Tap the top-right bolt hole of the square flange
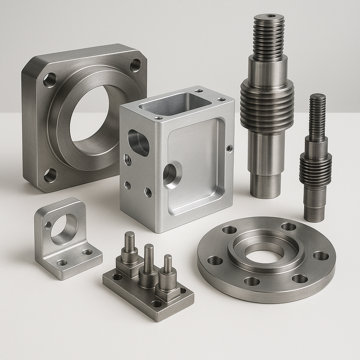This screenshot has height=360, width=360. pos(135,65)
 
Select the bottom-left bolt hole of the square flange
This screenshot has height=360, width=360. pos(50,175)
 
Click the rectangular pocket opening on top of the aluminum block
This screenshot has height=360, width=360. pos(175,104)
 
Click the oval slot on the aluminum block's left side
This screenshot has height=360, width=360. pos(138,142)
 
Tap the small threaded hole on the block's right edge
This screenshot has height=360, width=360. pos(229,148)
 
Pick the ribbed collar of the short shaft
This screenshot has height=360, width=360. pos(315,170)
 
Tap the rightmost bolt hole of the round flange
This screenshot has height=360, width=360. pos(321,256)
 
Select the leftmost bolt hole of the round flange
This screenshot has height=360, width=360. pos(215,261)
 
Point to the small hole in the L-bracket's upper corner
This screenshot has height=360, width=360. pos(47,225)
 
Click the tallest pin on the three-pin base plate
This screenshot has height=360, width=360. pos(130,243)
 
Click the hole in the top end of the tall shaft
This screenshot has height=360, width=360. pos(269,16)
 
